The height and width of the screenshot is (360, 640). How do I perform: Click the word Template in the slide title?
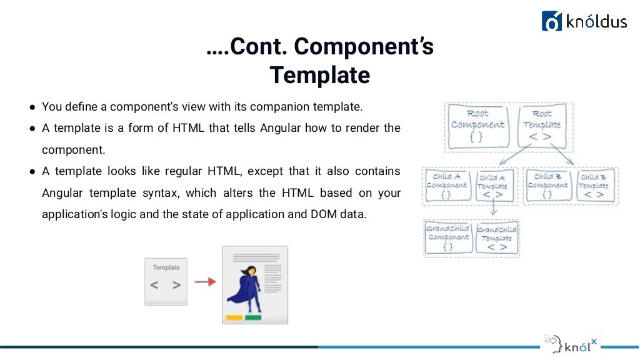(x=320, y=75)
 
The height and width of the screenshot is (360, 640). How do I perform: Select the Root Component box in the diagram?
(x=477, y=127)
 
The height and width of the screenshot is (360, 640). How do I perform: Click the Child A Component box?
(x=447, y=185)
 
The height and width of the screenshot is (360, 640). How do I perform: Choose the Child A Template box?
(x=493, y=186)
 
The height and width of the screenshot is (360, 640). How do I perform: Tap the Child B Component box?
(x=547, y=185)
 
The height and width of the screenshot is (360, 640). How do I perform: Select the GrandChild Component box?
(x=447, y=237)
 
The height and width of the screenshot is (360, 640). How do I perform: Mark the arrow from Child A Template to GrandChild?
(x=493, y=211)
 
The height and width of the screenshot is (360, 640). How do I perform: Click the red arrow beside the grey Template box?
(x=204, y=282)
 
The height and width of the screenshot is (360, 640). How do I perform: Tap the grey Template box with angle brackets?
(x=166, y=281)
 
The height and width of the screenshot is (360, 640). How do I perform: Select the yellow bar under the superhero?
(x=234, y=317)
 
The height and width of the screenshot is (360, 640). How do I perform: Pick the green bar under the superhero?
(x=253, y=317)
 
